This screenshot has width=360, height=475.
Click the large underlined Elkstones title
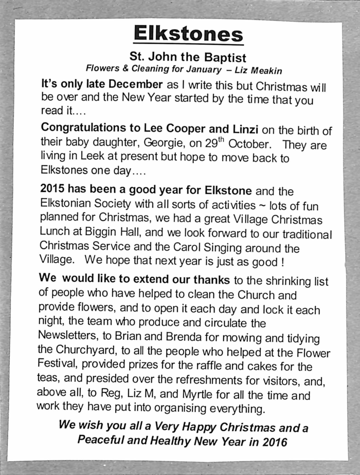point(188,34)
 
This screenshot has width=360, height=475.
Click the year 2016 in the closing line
point(274,441)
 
